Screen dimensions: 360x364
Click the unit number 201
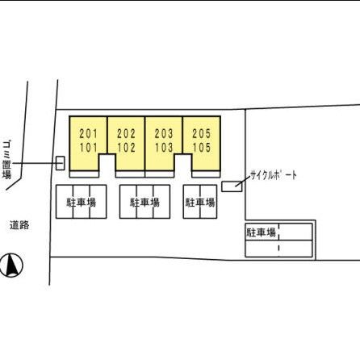[88, 134]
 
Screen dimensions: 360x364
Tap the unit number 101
[88, 148]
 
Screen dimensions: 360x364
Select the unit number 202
[126, 134]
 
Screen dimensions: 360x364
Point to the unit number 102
[126, 148]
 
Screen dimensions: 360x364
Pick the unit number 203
[164, 134]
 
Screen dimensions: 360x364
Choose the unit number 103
[164, 148]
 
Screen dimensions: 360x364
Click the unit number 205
[202, 134]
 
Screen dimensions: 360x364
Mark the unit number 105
[202, 148]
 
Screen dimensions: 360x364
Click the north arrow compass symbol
[11, 265]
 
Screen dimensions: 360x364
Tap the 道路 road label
[19, 225]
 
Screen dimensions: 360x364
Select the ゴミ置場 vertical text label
[6, 160]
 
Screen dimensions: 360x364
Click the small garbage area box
[61, 163]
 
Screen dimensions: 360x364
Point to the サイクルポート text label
[274, 175]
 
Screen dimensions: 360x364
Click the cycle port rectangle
[232, 186]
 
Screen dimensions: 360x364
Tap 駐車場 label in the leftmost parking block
[82, 203]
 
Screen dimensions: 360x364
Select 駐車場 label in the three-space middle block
[144, 203]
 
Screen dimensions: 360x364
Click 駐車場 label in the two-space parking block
[200, 203]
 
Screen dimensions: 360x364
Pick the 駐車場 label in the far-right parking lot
[262, 232]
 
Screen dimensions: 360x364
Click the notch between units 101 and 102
[107, 165]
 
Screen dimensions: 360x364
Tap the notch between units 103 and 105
[183, 165]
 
